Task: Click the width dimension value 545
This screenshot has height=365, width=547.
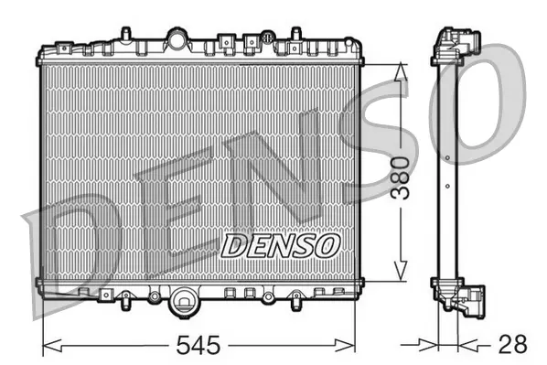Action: pos(199,345)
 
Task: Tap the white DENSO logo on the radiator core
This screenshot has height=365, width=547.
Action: pos(281,244)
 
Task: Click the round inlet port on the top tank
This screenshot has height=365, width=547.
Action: pos(176,38)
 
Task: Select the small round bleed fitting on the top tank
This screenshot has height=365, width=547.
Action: pos(267,38)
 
